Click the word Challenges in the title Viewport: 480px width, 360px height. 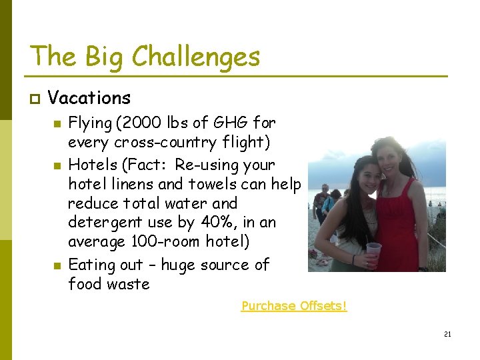pyautogui.click(x=197, y=57)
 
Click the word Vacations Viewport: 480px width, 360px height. pyautogui.click(x=89, y=99)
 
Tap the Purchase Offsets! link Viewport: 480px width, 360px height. pyautogui.click(x=294, y=306)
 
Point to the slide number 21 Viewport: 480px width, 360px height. pyautogui.click(x=447, y=334)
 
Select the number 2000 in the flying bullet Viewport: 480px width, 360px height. pyautogui.click(x=134, y=123)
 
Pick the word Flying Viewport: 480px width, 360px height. pyautogui.click(x=89, y=123)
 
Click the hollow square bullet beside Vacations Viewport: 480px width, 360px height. pyautogui.click(x=35, y=99)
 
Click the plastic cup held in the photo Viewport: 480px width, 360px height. pyautogui.click(x=373, y=251)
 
